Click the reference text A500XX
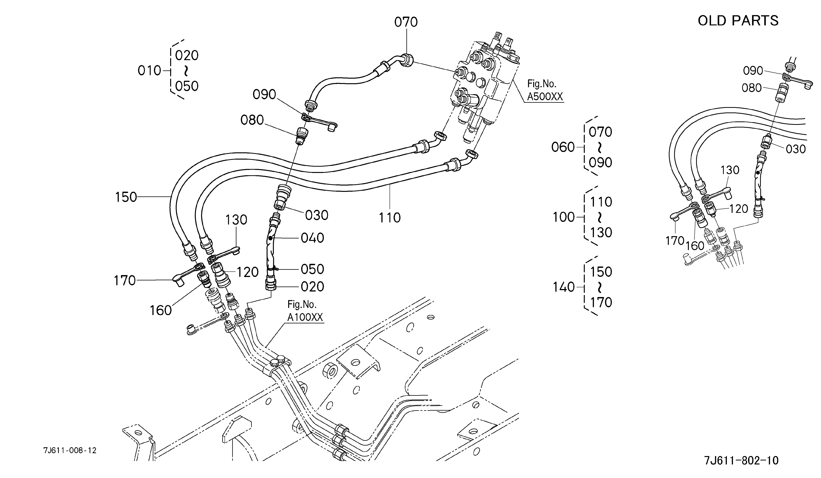point(545,97)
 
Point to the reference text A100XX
point(305,317)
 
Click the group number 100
point(564,217)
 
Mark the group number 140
point(564,287)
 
